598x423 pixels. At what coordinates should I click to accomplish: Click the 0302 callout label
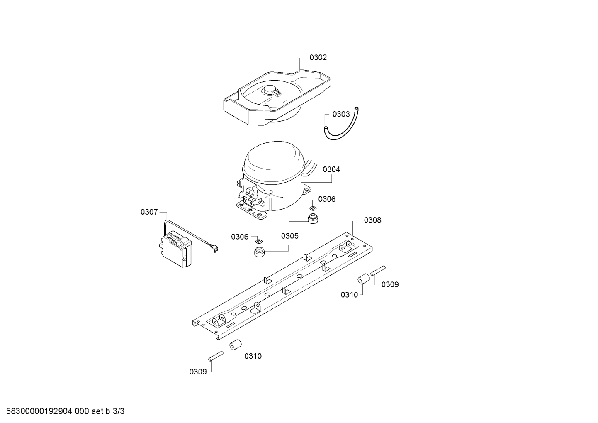pyautogui.click(x=318, y=57)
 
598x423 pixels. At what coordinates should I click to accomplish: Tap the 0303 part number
pyautogui.click(x=341, y=115)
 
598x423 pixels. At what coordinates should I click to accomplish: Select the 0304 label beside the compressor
pyautogui.click(x=331, y=169)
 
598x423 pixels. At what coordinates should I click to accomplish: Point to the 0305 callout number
pyautogui.click(x=289, y=236)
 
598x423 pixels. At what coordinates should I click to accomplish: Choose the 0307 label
pyautogui.click(x=149, y=212)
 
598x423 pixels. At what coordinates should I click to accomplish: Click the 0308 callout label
pyautogui.click(x=372, y=220)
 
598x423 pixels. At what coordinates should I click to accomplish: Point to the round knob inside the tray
pyautogui.click(x=271, y=91)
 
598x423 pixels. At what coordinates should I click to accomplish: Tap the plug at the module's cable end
pyautogui.click(x=214, y=249)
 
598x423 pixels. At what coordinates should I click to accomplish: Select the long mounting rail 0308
pyautogui.click(x=282, y=286)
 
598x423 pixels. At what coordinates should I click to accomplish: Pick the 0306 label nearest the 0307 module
pyautogui.click(x=239, y=237)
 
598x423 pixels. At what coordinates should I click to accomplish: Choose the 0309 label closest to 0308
pyautogui.click(x=390, y=285)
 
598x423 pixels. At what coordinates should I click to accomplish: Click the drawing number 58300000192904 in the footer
pyautogui.click(x=39, y=411)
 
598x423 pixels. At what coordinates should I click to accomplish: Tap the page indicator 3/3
pyautogui.click(x=119, y=411)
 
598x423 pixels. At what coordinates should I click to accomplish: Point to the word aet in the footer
pyautogui.click(x=97, y=411)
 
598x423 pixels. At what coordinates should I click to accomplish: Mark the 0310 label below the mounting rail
pyautogui.click(x=253, y=356)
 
